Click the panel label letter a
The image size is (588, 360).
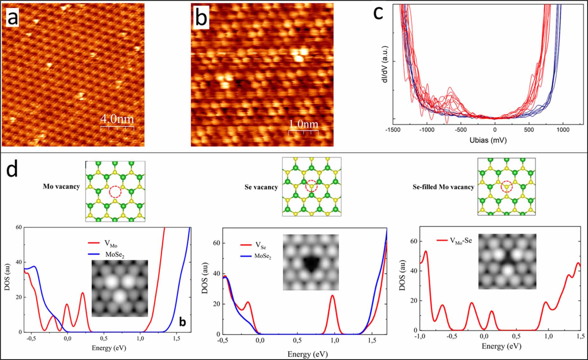click(12, 18)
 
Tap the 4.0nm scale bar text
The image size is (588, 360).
click(117, 119)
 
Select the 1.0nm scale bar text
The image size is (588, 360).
click(303, 124)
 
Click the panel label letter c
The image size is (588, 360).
click(378, 13)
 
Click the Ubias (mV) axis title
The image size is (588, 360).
click(488, 140)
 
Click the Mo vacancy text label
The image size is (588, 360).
click(61, 186)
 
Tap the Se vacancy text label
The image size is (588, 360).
click(261, 187)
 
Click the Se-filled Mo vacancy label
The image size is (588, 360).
click(443, 187)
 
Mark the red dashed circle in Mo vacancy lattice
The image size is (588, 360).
click(115, 192)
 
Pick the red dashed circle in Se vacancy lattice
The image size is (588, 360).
click(311, 186)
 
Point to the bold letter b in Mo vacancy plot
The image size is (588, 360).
click(182, 322)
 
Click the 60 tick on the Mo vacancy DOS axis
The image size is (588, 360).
click(19, 227)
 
